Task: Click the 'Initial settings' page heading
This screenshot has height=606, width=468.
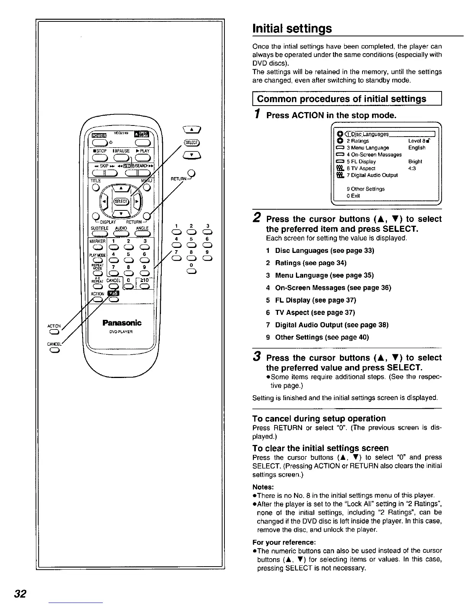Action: (x=292, y=28)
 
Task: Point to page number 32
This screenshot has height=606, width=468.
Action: (x=19, y=594)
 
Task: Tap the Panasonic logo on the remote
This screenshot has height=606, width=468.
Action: (x=122, y=323)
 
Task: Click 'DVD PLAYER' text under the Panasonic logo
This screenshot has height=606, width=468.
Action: (x=122, y=332)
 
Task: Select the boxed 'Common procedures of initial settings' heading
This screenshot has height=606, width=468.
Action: (x=341, y=99)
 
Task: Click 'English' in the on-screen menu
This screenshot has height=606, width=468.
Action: (x=417, y=148)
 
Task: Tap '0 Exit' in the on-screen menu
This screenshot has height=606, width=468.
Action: (x=353, y=196)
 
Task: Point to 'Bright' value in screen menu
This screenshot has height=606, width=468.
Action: (x=415, y=161)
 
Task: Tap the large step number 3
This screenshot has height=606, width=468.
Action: (x=257, y=357)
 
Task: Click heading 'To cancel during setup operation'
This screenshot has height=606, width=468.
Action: (x=319, y=418)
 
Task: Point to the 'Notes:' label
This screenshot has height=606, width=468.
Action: (x=263, y=487)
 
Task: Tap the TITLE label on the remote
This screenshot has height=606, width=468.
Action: (x=96, y=181)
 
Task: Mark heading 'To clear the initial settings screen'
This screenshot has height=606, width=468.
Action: (x=320, y=448)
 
